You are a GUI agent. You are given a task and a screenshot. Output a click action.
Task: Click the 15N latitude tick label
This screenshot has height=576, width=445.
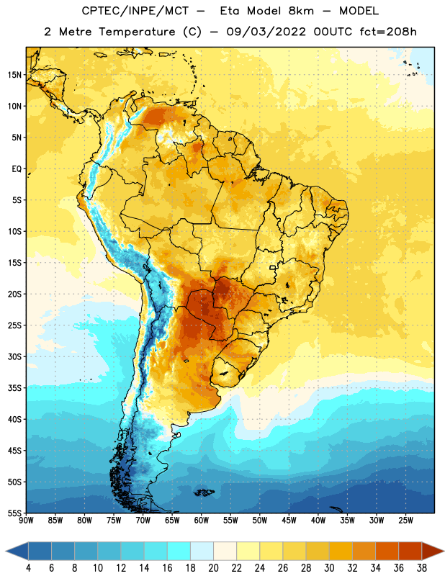[x=14, y=75]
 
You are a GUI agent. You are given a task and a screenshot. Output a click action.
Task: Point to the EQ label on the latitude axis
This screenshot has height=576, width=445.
[x=17, y=169]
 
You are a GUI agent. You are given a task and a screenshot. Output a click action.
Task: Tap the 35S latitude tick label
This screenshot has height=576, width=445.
[x=14, y=388]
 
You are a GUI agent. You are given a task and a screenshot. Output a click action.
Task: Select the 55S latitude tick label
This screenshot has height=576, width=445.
[x=14, y=513]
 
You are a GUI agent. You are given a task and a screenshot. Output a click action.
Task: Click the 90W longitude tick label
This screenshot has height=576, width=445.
[x=26, y=521]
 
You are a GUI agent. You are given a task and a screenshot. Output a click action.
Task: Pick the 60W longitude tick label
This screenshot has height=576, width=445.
[x=202, y=521]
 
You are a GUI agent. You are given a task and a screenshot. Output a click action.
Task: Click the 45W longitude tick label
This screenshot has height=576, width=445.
[x=289, y=521]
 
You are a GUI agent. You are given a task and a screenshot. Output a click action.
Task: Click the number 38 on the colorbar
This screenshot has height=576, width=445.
[x=422, y=568]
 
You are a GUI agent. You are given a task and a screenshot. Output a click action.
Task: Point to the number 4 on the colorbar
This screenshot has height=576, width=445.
[x=28, y=568]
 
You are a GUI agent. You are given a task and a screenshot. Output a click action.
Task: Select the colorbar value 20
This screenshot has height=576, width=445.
[x=213, y=568]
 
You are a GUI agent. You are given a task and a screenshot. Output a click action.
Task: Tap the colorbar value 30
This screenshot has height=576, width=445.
[x=329, y=568]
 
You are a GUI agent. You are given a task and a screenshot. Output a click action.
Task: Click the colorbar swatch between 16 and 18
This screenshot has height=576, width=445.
[x=179, y=552]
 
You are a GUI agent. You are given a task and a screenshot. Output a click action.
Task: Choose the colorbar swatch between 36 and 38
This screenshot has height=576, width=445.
[x=410, y=552]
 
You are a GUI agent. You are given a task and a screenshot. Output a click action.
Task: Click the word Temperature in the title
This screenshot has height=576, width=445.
[x=137, y=32]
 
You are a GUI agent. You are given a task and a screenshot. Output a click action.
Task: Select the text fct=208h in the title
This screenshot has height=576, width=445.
[x=388, y=32]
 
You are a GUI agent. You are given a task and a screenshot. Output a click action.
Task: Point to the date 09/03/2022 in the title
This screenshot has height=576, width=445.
[x=266, y=32]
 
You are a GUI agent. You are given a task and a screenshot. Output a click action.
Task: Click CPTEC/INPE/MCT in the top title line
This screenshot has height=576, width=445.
[x=135, y=11]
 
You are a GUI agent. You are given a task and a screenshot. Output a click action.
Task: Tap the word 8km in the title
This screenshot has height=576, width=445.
[x=301, y=11]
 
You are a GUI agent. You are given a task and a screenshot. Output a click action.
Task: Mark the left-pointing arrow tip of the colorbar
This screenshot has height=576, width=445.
[x=6, y=552]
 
